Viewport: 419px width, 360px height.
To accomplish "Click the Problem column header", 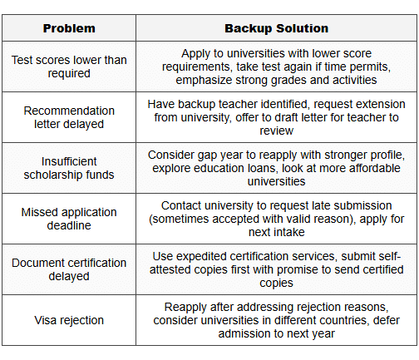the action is click(70, 28).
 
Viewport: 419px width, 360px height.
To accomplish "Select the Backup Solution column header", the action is click(277, 28).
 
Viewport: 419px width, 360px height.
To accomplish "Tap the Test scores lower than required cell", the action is click(70, 67).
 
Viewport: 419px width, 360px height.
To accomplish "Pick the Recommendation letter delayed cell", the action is click(70, 117).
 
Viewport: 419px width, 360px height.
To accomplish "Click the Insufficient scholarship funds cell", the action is click(70, 168).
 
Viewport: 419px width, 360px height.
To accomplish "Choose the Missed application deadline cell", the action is click(70, 219).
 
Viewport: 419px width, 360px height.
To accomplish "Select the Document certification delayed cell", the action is click(70, 269).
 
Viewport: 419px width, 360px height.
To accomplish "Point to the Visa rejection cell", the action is click(70, 320).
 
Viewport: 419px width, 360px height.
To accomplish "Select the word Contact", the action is click(184, 205).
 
